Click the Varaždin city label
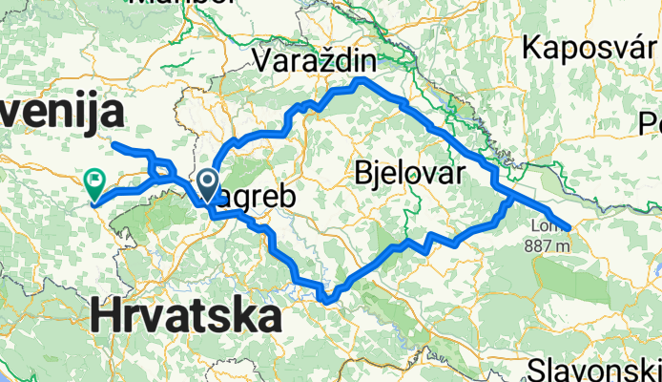pos(316,61)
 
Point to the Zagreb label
pos(250,197)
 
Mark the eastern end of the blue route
pos(569,227)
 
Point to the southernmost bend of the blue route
pos(326,302)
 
